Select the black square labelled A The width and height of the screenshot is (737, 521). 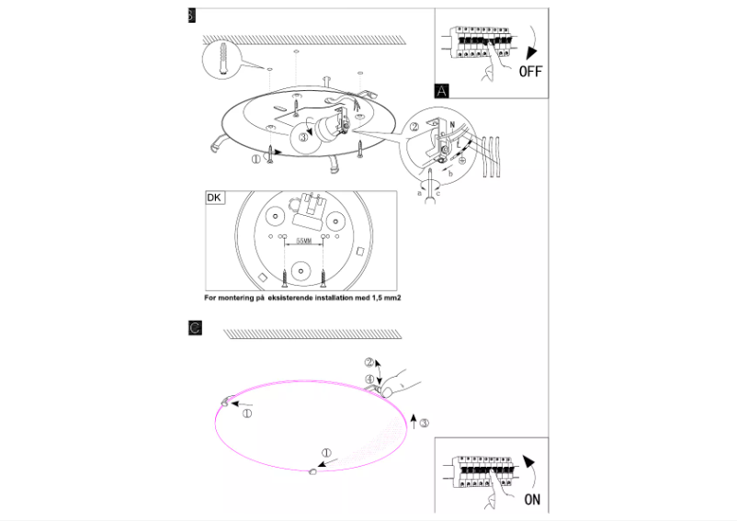coord(443,90)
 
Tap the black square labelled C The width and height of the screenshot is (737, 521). coord(194,327)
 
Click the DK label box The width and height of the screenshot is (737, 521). coord(214,198)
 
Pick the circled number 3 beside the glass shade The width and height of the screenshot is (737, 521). coord(424,423)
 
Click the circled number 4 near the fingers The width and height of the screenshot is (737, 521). coord(368,379)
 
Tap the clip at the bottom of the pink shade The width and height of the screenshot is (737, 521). coord(312,470)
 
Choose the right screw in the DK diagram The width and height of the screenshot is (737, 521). coord(324,273)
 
